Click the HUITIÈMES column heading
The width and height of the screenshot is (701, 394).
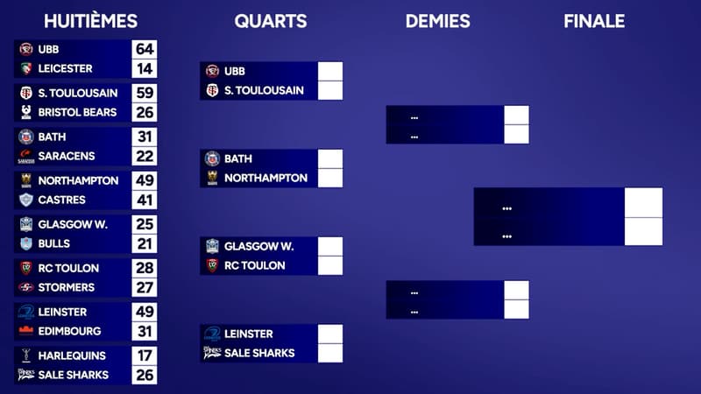click(90, 21)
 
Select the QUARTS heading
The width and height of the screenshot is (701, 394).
click(271, 21)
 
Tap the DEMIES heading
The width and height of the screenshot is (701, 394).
click(437, 21)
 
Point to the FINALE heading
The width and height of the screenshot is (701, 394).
click(594, 21)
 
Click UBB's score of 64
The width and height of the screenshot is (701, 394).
click(145, 49)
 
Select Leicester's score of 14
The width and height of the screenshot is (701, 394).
click(145, 68)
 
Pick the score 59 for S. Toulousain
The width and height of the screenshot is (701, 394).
click(145, 93)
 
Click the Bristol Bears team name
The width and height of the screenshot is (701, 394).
click(76, 112)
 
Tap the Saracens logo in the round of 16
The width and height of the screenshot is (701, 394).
click(26, 156)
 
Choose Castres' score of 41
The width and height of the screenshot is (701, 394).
click(145, 200)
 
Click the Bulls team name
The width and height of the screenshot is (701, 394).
click(54, 243)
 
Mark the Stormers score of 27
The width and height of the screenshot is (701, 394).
click(145, 287)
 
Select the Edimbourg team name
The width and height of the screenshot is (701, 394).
click(70, 331)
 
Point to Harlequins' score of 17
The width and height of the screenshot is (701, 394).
click(145, 355)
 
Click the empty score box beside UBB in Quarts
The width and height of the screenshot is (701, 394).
click(330, 71)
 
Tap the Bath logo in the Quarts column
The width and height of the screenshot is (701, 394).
click(212, 158)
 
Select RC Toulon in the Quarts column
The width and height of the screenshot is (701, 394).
click(254, 265)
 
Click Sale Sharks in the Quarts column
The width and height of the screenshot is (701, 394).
click(259, 353)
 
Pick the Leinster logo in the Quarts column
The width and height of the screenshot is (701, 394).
click(212, 334)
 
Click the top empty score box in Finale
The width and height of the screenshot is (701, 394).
click(643, 202)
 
